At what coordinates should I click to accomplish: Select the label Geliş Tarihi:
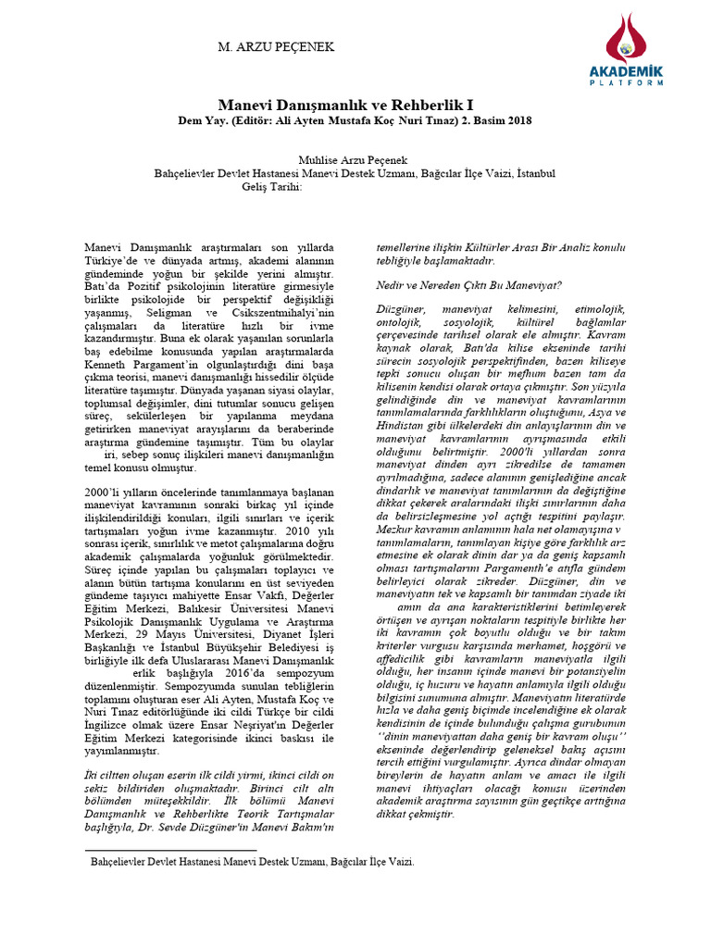click(x=272, y=186)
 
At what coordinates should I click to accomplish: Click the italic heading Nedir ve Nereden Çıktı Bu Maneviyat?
click(x=468, y=284)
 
